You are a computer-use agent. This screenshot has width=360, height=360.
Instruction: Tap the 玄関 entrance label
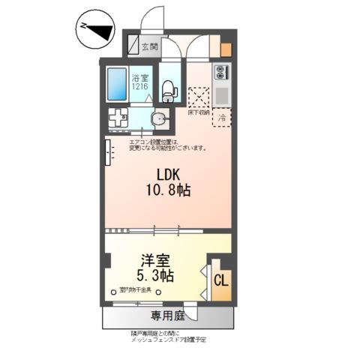(x=150, y=46)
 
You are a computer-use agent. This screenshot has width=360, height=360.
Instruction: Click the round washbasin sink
(x=159, y=119)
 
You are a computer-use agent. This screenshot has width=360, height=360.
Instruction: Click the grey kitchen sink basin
(x=223, y=96)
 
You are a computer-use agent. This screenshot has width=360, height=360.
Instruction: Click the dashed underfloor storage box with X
(x=199, y=97)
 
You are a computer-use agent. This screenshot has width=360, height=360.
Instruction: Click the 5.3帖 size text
(x=156, y=277)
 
